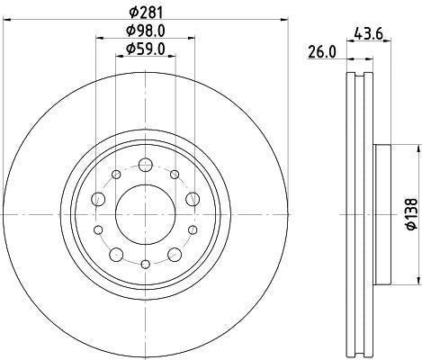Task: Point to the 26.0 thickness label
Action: coord(320,53)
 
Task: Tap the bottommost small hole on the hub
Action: coord(145,264)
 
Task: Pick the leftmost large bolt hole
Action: coord(99,200)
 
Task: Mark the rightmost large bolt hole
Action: coord(192,200)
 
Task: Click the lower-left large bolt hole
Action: coord(116,254)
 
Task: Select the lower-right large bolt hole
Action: coord(174,254)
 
